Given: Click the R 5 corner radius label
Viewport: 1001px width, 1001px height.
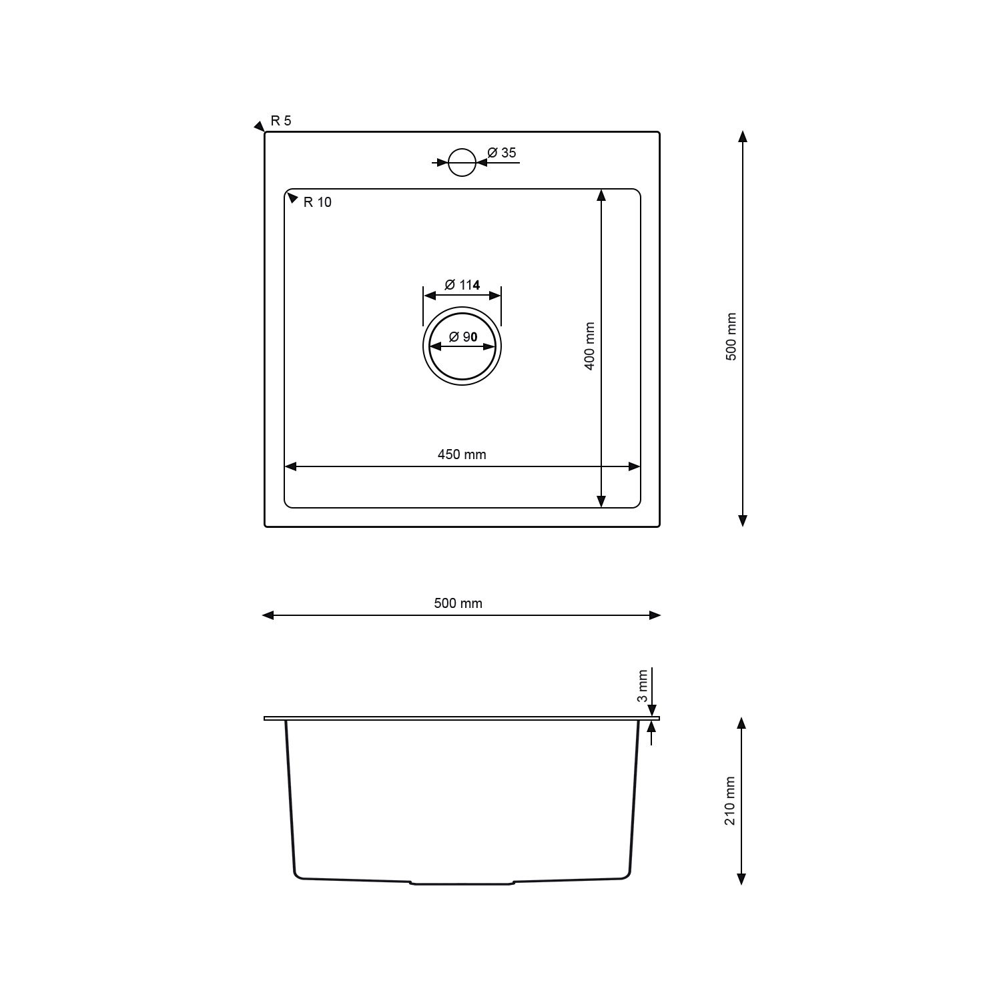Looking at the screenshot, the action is (281, 121).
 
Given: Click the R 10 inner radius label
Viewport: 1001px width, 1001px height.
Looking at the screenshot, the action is (317, 202).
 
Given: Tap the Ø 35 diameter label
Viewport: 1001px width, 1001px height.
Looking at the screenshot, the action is (502, 153).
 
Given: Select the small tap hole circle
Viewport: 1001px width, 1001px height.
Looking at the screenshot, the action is (462, 162).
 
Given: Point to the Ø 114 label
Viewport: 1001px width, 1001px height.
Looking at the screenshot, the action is (462, 285).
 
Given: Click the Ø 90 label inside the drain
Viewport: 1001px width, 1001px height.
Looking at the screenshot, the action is (462, 337).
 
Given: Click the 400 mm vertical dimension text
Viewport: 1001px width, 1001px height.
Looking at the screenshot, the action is (589, 347).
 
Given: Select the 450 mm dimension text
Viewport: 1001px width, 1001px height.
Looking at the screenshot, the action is (462, 454).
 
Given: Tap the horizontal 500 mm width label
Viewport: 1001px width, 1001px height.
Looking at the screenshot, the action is (458, 603).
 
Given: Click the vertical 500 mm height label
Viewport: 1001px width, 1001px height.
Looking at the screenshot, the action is (731, 337).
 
